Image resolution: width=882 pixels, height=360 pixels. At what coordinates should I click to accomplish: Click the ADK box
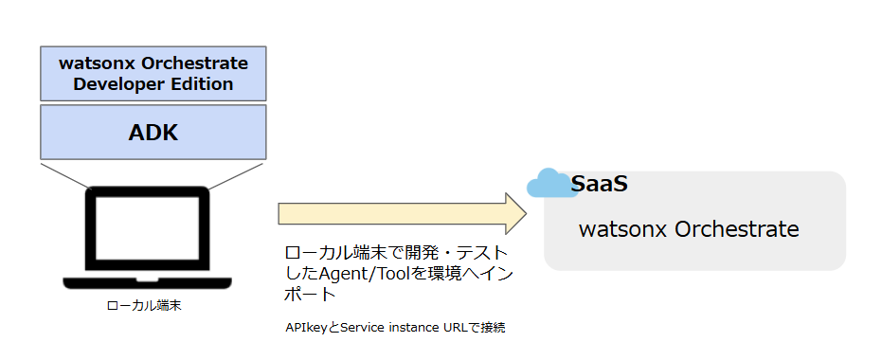point(153,133)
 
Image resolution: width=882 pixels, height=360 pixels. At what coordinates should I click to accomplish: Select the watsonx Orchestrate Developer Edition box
point(153,74)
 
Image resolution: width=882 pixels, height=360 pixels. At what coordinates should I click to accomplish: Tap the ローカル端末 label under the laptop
point(144,307)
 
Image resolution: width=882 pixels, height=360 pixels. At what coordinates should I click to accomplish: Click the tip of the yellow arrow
point(527,214)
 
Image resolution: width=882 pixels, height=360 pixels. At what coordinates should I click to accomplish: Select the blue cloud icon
point(551,184)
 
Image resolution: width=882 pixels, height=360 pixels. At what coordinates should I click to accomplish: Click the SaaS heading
point(599,184)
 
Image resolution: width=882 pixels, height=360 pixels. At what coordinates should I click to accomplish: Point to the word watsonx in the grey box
point(622,229)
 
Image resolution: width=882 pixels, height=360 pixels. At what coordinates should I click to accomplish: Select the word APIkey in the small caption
point(308,328)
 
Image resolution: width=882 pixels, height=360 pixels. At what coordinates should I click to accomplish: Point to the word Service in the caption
point(362,328)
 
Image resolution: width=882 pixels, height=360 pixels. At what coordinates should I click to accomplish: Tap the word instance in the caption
point(414,328)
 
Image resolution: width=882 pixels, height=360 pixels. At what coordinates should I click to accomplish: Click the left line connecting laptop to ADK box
point(65,175)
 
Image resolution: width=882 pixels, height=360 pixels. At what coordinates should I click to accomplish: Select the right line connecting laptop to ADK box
point(235,175)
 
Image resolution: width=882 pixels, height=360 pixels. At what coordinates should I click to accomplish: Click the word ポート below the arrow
point(311,295)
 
